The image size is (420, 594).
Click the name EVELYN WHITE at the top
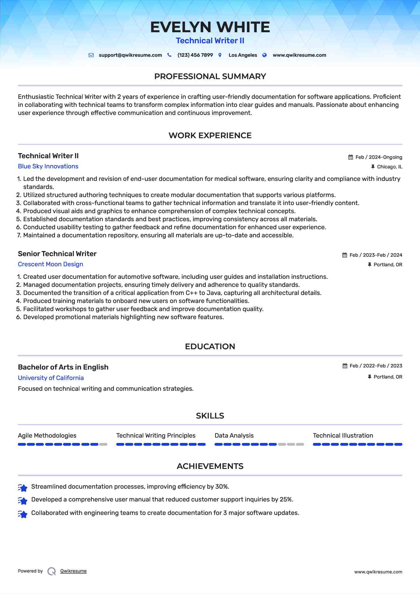click(210, 27)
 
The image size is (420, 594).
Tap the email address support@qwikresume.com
click(130, 55)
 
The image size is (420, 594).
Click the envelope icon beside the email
click(91, 55)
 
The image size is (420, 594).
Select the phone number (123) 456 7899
click(195, 55)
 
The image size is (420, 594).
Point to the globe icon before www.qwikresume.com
click(264, 55)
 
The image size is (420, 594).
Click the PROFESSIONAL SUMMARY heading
click(210, 76)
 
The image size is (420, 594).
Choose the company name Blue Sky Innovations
click(48, 166)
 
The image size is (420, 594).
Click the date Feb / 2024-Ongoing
click(379, 157)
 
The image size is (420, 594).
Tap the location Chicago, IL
click(389, 167)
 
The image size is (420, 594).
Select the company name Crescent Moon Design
click(50, 264)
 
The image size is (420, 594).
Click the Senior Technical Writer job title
click(57, 254)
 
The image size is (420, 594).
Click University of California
click(51, 378)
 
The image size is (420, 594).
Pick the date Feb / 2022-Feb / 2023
click(376, 366)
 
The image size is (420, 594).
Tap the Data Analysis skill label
click(234, 436)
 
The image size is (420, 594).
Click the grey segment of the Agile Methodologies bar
click(103, 444)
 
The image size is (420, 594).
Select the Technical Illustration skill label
click(343, 436)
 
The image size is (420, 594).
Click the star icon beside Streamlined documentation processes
click(23, 487)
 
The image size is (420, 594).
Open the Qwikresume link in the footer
click(73, 571)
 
